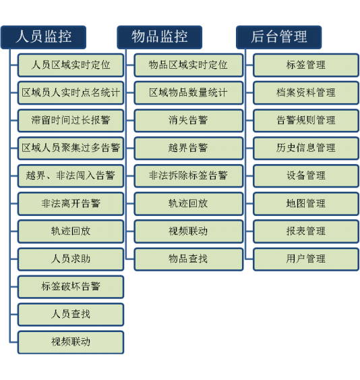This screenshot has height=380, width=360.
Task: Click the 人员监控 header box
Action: click(x=44, y=37)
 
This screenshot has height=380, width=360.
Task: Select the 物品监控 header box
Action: click(x=160, y=37)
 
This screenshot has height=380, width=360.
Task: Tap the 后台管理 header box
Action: click(x=279, y=37)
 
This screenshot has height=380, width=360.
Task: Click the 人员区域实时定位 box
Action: click(x=71, y=65)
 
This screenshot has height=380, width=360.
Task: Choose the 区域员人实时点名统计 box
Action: click(x=71, y=93)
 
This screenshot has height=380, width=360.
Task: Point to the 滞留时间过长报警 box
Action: click(x=71, y=120)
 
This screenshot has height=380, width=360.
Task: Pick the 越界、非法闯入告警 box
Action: click(x=71, y=176)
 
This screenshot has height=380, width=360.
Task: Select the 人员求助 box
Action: click(x=71, y=259)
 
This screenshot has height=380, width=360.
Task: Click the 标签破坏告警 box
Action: click(x=71, y=287)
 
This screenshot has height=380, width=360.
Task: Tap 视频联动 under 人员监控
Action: click(x=71, y=342)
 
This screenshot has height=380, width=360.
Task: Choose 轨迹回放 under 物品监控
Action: click(x=189, y=204)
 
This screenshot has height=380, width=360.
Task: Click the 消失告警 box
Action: click(x=189, y=120)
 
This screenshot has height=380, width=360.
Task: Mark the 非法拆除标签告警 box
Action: click(x=189, y=176)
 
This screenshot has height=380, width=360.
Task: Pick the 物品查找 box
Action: click(x=189, y=259)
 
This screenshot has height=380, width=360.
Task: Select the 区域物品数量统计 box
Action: click(x=189, y=93)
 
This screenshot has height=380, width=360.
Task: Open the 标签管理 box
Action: click(x=306, y=65)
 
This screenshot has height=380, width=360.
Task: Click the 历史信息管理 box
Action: click(x=306, y=148)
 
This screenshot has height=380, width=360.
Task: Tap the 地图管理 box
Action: click(x=306, y=204)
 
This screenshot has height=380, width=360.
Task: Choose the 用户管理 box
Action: click(x=306, y=259)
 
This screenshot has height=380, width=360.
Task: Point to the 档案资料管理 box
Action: click(x=306, y=93)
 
